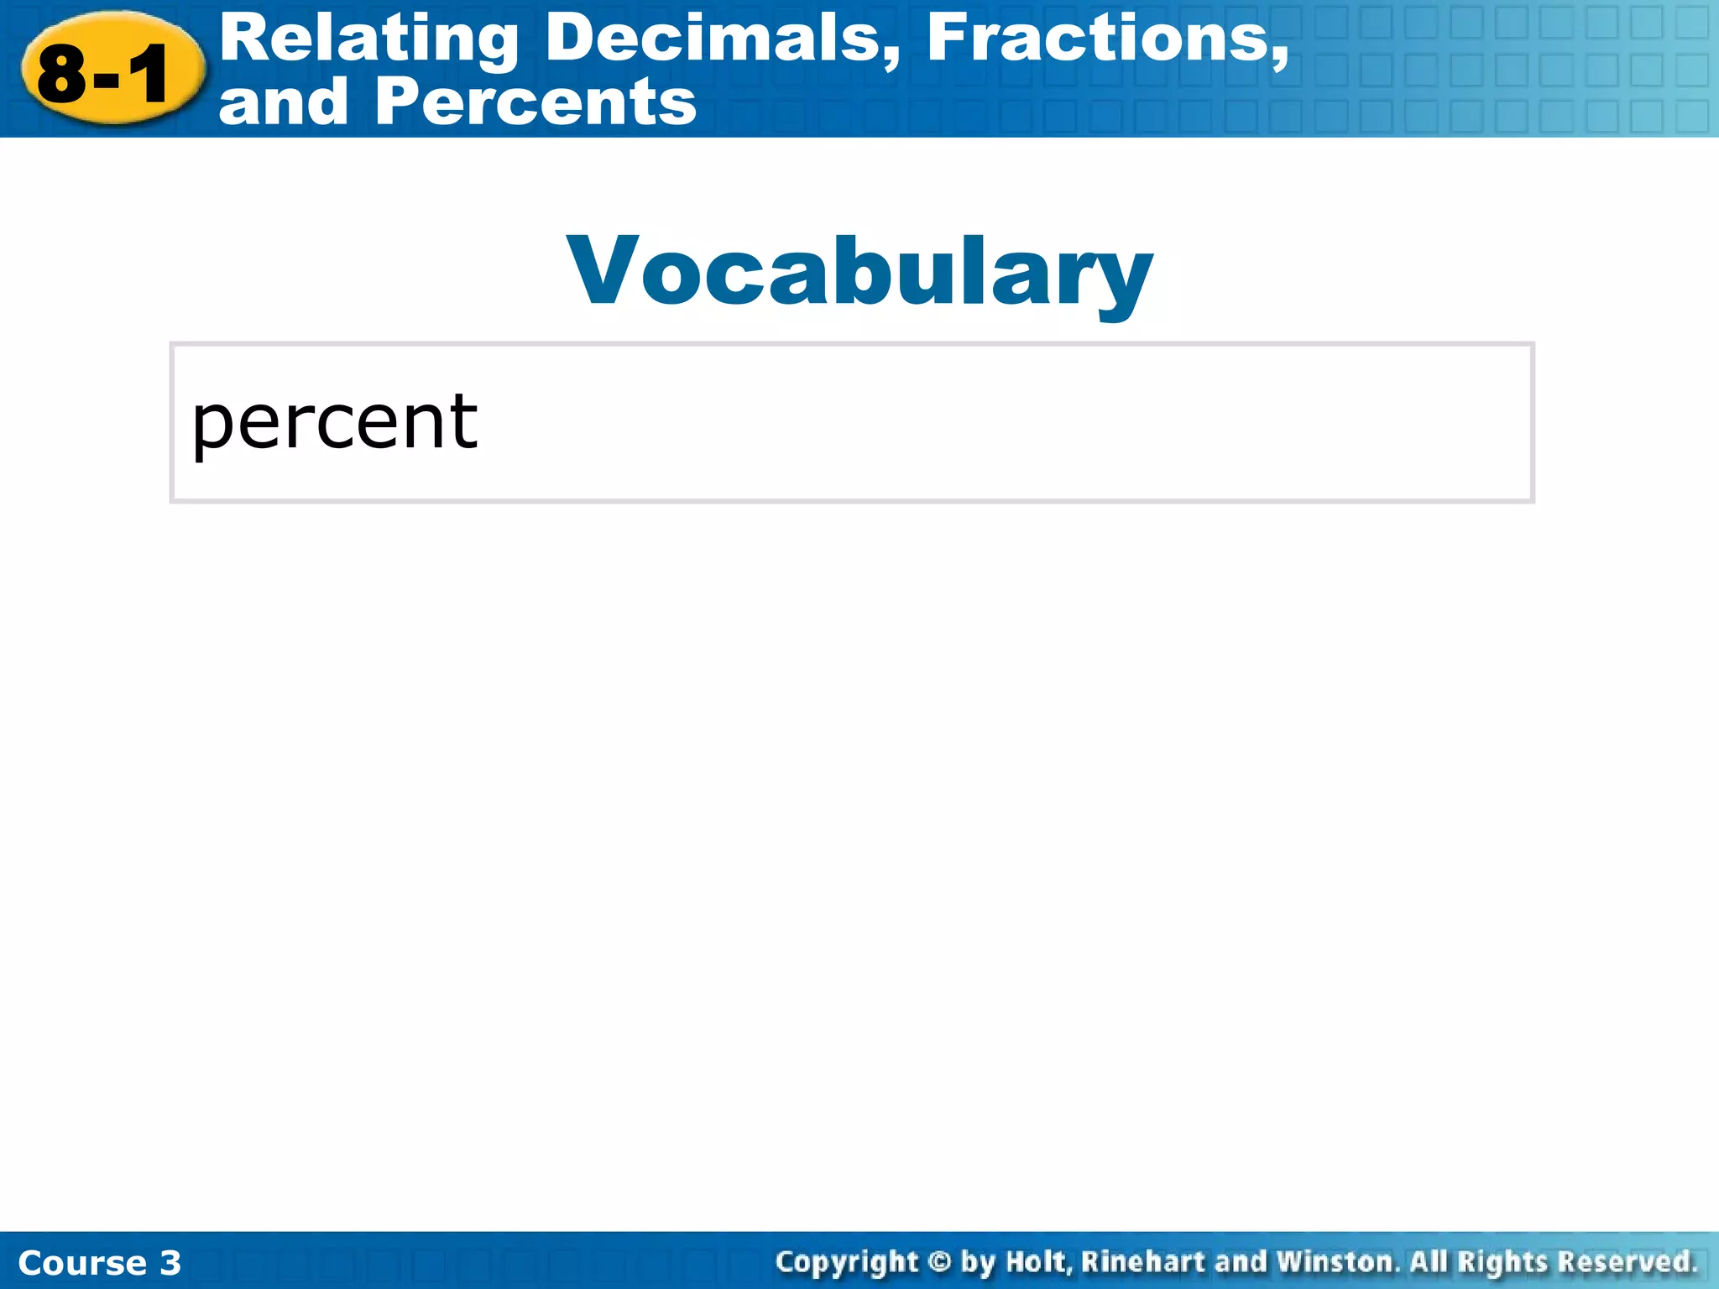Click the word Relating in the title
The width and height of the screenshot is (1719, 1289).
[x=368, y=39]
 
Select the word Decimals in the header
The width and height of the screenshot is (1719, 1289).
[x=723, y=39]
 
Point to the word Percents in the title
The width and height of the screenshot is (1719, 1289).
[x=536, y=102]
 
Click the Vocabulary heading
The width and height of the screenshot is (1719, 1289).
[x=859, y=271]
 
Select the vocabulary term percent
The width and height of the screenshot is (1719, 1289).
[x=334, y=422]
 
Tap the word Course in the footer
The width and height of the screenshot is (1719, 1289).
[x=81, y=1263]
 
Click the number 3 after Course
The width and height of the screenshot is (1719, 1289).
[x=170, y=1263]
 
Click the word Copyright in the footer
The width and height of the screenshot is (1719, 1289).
[x=847, y=1262]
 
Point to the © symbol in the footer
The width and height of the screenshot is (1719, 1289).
[x=939, y=1262]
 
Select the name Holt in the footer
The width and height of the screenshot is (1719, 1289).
[x=1038, y=1262]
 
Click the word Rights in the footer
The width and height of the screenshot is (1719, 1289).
[x=1502, y=1262]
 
